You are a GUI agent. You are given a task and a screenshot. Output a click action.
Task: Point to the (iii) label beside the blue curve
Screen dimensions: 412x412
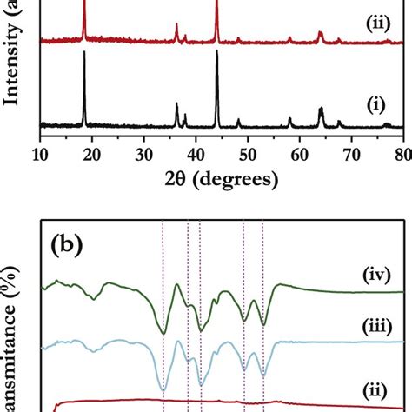(x=377, y=328)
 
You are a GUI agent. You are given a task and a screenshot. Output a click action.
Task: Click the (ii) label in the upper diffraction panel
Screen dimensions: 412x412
(x=377, y=23)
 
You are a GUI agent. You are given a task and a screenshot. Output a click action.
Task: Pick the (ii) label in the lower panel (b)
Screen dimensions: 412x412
(x=377, y=383)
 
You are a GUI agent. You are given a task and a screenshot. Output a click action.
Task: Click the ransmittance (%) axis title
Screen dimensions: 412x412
(x=12, y=339)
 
